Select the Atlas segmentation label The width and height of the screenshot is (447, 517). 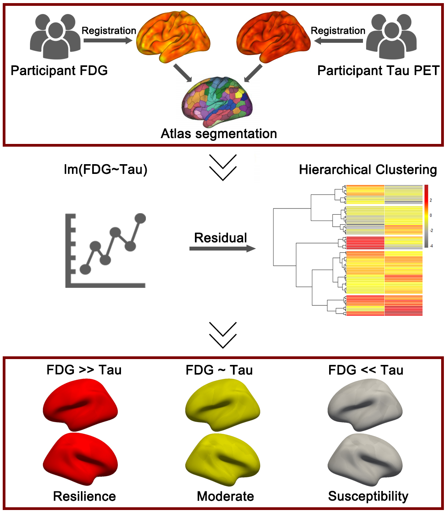[219, 133]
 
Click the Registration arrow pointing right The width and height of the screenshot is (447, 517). [108, 40]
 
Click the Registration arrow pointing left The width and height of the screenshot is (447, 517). [338, 40]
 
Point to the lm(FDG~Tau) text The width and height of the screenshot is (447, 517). [105, 170]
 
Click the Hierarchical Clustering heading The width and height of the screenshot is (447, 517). [368, 170]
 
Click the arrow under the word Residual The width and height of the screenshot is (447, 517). [222, 249]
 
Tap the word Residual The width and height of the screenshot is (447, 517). [220, 238]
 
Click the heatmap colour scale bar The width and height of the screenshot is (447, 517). [426, 216]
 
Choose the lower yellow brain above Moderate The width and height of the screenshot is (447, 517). [223, 459]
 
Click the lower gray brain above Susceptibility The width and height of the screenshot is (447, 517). [365, 459]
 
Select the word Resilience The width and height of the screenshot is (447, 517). [84, 496]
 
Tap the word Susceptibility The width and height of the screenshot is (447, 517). [368, 496]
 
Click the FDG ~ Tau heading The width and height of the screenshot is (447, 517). [219, 370]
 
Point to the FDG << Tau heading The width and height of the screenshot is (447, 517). [366, 370]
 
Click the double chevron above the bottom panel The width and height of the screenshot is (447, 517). [223, 335]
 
